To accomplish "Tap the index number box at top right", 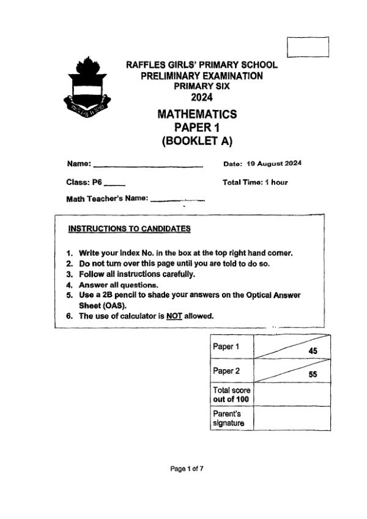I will point(308,47).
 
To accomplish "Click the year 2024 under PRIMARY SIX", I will point(201,98).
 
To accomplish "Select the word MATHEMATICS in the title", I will point(197,114).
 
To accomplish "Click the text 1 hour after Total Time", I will point(276,182).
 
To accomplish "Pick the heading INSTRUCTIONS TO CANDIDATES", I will point(129,229).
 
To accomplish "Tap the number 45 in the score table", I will point(313,351).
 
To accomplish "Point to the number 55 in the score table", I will point(313,375).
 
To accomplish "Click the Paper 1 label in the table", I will point(225,347).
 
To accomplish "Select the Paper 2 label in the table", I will point(225,370).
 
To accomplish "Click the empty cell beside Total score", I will point(291,394).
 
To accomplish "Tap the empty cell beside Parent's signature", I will point(291,418).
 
